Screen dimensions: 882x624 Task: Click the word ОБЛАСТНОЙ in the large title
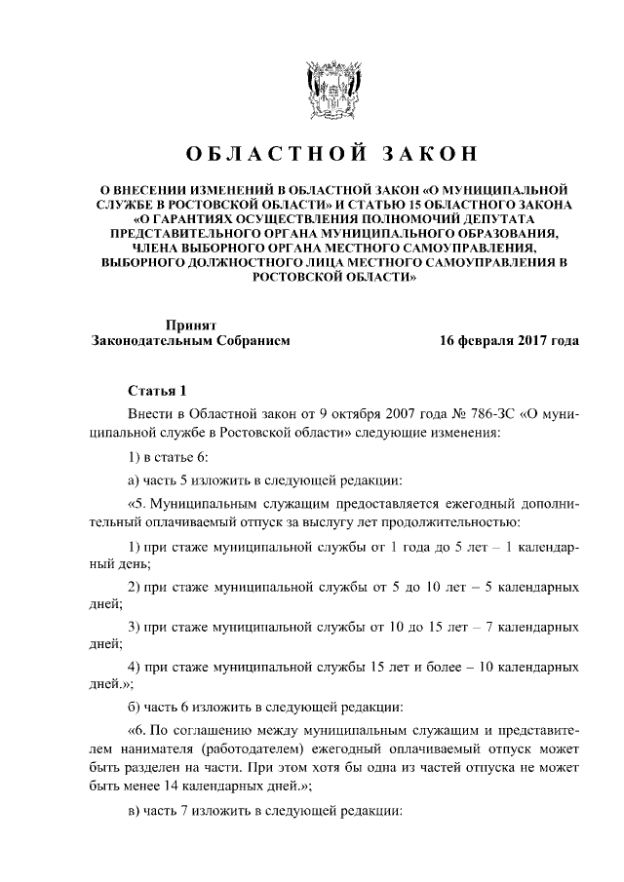point(266,155)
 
